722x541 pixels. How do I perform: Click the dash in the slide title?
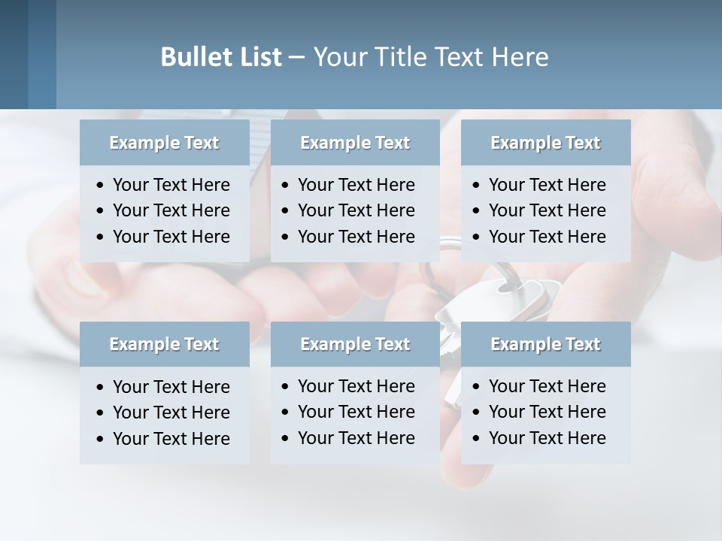click(297, 58)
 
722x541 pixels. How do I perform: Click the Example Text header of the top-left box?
click(164, 143)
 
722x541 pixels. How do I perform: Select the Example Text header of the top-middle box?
click(355, 143)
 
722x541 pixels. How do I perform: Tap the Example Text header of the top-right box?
click(545, 143)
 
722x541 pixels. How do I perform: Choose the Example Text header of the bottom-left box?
click(164, 344)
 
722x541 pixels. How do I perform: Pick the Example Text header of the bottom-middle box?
click(355, 344)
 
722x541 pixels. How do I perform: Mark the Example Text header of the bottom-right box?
click(545, 344)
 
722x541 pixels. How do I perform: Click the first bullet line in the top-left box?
click(171, 185)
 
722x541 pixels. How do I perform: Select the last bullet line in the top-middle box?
click(356, 237)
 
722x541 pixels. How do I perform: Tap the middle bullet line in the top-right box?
click(547, 210)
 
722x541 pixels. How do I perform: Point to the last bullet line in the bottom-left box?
click(171, 439)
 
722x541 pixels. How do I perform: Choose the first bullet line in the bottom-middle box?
click(356, 386)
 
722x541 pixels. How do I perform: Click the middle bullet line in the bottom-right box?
click(547, 412)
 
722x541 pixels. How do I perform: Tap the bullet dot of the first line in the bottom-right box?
click(477, 387)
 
